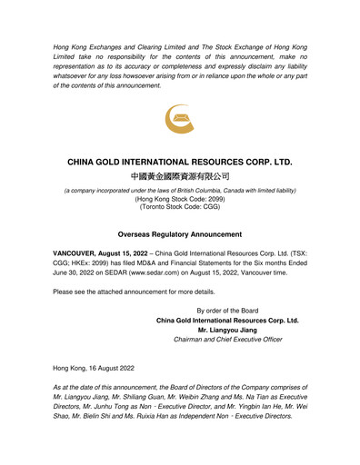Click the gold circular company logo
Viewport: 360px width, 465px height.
click(179, 119)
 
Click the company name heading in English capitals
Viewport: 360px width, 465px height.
click(180, 162)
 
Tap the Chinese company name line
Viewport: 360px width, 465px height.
click(180, 176)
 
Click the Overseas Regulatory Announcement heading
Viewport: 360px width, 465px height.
click(180, 233)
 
